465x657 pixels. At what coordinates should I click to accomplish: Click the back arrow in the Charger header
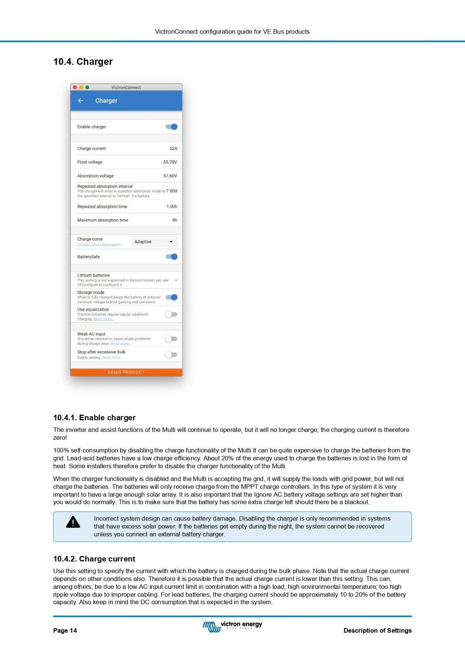[80, 101]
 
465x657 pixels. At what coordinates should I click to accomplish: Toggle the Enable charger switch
[172, 127]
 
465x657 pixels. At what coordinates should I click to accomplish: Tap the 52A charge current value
[173, 149]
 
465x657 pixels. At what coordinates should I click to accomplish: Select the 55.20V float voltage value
[170, 162]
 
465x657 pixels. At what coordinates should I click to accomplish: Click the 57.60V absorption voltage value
[170, 176]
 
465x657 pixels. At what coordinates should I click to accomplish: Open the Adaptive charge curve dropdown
[154, 242]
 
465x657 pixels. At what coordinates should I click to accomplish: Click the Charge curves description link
[99, 245]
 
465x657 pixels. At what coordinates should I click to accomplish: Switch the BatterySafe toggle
[172, 257]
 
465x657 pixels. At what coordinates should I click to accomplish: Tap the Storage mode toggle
[172, 297]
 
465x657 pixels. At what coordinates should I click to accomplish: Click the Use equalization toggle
[171, 314]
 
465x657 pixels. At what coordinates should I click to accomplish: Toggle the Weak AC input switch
[171, 339]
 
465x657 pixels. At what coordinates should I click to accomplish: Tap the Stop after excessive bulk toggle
[171, 355]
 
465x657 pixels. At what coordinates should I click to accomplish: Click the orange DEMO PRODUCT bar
[126, 372]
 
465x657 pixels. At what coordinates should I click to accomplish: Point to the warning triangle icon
[73, 522]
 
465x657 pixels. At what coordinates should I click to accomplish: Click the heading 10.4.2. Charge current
[94, 559]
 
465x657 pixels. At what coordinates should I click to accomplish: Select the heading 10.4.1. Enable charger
[94, 418]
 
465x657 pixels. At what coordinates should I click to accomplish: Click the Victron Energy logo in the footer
[232, 626]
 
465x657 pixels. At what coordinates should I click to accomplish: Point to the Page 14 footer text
[65, 630]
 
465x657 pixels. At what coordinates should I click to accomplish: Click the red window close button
[75, 87]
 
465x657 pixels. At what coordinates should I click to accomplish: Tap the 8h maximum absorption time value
[175, 220]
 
